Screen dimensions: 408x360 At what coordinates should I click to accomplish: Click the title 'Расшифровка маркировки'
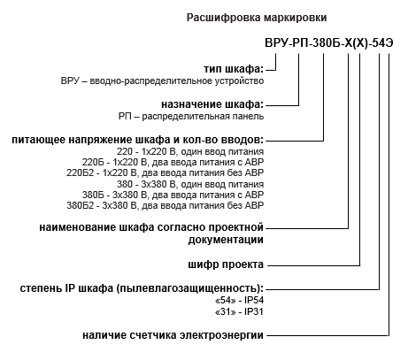coord(257,18)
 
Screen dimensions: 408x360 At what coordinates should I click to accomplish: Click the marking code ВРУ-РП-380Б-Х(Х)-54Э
coord(329,43)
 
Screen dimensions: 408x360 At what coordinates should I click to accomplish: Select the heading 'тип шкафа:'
coord(234,69)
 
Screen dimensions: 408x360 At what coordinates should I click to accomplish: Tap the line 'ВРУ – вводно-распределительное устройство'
coord(162,80)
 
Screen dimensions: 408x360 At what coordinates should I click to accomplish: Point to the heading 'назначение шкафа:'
coord(212,104)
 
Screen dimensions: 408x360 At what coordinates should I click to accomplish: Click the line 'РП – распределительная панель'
coord(191,117)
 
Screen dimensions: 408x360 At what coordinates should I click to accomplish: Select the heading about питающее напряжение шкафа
coord(137,140)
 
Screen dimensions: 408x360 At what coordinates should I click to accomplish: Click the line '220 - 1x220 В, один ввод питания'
coord(190,151)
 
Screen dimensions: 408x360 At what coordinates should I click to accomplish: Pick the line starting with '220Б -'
coord(173,162)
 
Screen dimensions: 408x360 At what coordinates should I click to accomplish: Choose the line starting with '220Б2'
coord(165,172)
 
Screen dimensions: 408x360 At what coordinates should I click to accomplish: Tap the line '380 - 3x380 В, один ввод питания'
coord(190,184)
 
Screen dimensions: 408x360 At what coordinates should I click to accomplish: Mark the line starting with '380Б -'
coord(173,195)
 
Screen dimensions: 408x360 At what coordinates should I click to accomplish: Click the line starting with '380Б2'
coord(165,205)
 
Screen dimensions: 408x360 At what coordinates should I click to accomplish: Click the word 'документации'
coord(226,240)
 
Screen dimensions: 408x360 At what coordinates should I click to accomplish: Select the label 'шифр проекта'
coord(226,264)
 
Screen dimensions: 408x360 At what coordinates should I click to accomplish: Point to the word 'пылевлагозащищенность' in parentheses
coord(188,288)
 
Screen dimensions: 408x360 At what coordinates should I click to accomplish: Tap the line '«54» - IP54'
coord(239,301)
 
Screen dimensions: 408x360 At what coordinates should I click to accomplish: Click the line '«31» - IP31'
coord(239,311)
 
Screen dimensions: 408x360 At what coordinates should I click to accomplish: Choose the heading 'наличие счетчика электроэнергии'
coord(173,335)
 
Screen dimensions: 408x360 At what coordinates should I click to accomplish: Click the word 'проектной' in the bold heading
coord(235,227)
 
